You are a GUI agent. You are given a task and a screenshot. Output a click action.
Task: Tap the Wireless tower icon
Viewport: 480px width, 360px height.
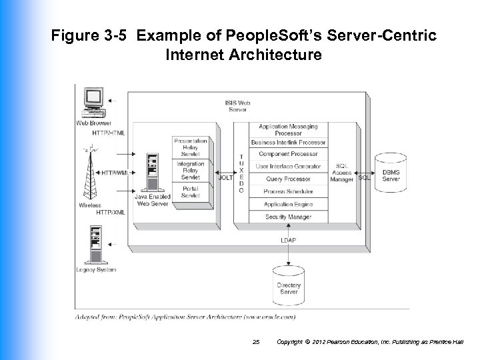[89, 173]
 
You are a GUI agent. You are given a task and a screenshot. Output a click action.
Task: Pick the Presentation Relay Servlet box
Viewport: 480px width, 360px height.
[191, 147]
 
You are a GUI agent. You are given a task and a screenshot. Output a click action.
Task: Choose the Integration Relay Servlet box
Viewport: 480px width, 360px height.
[191, 170]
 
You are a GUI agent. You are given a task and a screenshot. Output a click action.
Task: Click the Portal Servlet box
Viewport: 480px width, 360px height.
[191, 193]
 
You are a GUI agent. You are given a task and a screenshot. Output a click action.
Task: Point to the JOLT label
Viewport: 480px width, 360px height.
[226, 177]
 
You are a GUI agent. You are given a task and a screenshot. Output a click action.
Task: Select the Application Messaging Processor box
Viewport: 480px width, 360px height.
[288, 129]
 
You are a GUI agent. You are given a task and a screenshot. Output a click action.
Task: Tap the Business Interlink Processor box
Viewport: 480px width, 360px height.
[288, 142]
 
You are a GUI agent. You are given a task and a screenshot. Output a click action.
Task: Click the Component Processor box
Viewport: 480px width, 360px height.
[288, 154]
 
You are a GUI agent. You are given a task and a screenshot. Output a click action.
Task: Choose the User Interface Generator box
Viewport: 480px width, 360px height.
[288, 167]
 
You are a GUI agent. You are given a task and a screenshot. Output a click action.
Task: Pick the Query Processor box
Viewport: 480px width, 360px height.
[288, 179]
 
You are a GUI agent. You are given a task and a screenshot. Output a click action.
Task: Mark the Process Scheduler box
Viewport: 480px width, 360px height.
[288, 191]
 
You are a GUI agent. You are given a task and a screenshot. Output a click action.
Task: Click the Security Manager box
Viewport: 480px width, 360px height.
[288, 217]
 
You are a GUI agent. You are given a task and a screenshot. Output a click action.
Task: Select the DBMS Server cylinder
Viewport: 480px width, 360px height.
[391, 173]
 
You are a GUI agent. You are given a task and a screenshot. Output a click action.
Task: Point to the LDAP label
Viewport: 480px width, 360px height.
[288, 240]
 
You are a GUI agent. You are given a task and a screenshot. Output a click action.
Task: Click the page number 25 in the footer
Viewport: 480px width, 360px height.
[256, 342]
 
